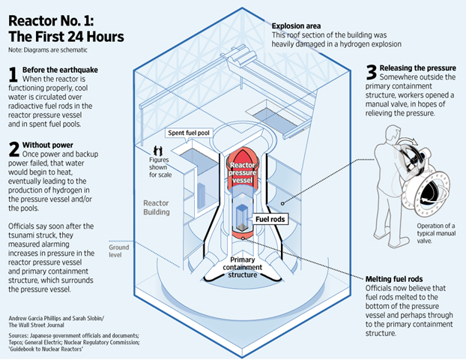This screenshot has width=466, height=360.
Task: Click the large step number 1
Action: click(x=13, y=73)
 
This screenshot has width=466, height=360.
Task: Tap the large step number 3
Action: click(x=370, y=71)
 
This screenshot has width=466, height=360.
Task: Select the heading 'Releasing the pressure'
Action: click(x=423, y=66)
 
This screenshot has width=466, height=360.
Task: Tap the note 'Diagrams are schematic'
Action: click(x=43, y=50)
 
